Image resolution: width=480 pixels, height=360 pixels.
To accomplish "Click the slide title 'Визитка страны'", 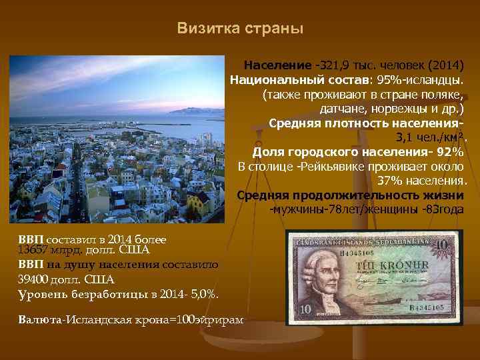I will pyautogui.click(x=240, y=29).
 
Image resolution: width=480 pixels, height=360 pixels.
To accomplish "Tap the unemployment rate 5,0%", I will pyautogui.click(x=204, y=294).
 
